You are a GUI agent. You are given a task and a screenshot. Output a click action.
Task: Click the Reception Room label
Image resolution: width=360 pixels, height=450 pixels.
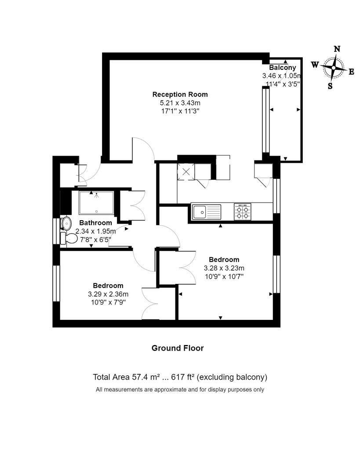coord(180,94)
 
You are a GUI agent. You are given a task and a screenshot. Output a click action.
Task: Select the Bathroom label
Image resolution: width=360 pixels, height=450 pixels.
coord(95,223)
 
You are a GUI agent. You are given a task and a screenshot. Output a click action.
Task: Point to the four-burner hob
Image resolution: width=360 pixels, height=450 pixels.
coord(242,212)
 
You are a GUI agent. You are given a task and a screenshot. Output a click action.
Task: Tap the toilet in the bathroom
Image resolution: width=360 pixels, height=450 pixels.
coord(69,239)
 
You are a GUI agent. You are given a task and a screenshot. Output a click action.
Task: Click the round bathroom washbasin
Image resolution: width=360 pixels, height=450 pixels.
coord(66,223)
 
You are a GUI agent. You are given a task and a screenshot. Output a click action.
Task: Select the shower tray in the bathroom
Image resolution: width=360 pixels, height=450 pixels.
coord(96,203)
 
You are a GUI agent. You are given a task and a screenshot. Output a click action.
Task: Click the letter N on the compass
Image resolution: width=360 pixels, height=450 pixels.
coord(337,49)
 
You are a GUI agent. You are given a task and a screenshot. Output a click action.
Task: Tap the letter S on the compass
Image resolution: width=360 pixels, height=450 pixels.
coord(330,86)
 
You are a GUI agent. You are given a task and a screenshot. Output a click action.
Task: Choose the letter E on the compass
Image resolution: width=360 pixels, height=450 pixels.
coord(351,72)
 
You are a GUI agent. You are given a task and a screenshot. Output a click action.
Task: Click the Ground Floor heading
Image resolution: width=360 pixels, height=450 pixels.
coord(178,348)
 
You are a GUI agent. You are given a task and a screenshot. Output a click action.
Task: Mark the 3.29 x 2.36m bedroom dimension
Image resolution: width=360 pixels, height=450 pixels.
coord(108,294)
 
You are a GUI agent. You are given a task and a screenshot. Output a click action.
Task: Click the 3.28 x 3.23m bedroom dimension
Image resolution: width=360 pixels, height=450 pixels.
coord(224,268)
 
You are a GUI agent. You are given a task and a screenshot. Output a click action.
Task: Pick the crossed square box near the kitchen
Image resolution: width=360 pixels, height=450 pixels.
coord(185,171)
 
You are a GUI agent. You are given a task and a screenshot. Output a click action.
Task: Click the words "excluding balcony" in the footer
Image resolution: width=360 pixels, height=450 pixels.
coord(233,377)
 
